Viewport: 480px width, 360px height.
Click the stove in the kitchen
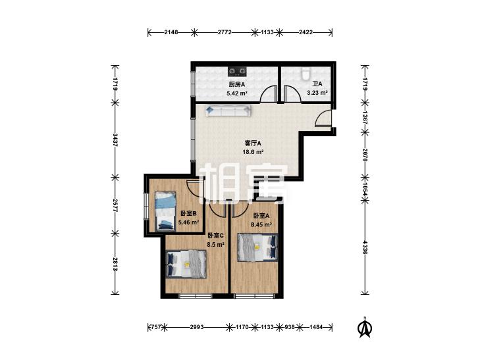237,72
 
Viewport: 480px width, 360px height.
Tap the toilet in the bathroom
306,74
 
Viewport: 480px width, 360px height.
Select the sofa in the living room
228,111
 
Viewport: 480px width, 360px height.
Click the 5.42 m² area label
237,93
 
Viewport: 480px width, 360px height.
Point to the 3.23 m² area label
317,92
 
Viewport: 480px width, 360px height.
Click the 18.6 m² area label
253,152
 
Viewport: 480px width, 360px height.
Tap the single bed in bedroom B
165,211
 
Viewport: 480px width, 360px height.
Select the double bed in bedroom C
186,264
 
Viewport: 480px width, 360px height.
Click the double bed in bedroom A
258,247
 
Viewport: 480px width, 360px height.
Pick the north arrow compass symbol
364,327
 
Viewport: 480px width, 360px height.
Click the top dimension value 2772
225,32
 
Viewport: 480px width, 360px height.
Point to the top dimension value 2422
306,32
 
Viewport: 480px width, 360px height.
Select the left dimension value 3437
115,140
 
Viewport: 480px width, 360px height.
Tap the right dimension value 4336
365,247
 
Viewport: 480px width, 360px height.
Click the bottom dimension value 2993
197,327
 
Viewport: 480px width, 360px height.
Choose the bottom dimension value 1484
316,327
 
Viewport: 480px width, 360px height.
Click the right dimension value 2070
365,155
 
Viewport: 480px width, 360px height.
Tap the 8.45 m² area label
261,224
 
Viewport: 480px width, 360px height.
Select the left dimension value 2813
115,264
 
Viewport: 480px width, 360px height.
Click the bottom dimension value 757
156,327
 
